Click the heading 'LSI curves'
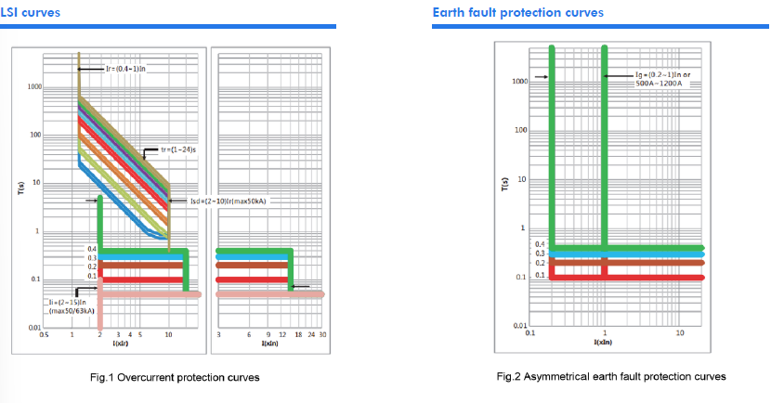31,12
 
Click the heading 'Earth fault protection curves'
517,12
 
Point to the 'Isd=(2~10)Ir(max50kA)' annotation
228,200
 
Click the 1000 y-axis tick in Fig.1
35,86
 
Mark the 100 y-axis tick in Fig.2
521,130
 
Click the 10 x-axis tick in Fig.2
681,332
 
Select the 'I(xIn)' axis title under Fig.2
603,343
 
